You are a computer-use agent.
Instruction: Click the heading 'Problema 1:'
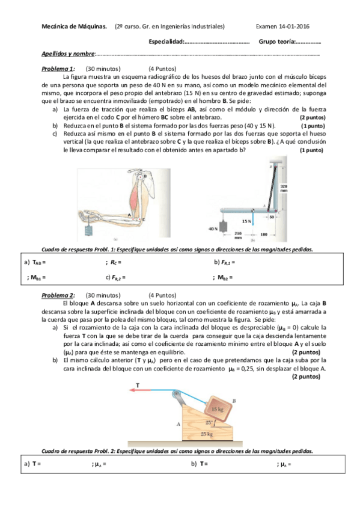(x=58, y=69)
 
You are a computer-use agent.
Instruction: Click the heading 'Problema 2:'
(x=58, y=295)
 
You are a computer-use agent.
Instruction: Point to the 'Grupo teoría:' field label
(x=276, y=41)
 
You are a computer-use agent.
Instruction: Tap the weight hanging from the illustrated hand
(x=91, y=232)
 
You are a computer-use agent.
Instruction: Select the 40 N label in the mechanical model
(x=212, y=229)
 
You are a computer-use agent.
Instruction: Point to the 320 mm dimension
(x=284, y=188)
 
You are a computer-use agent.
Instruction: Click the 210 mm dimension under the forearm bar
(x=237, y=235)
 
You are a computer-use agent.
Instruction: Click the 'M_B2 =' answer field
(x=223, y=277)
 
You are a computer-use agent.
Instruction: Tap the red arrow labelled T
(x=148, y=390)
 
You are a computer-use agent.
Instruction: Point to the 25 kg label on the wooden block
(x=206, y=433)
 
